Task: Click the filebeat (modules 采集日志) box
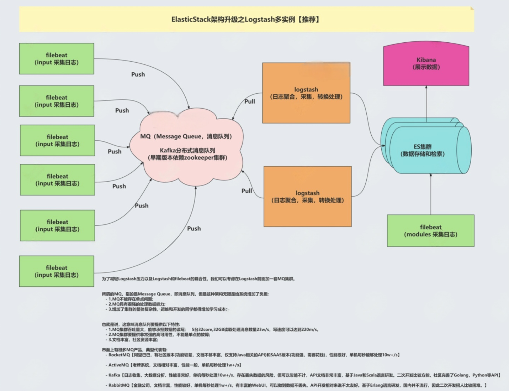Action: coord(430,231)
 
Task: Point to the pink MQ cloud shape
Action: coord(186,167)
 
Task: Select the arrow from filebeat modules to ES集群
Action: coord(431,194)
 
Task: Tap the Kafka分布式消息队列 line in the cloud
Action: coord(187,150)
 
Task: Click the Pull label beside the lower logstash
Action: coord(246,191)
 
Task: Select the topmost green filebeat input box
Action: coord(57,59)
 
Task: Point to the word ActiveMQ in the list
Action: coord(118,365)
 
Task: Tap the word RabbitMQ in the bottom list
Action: coord(119,385)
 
